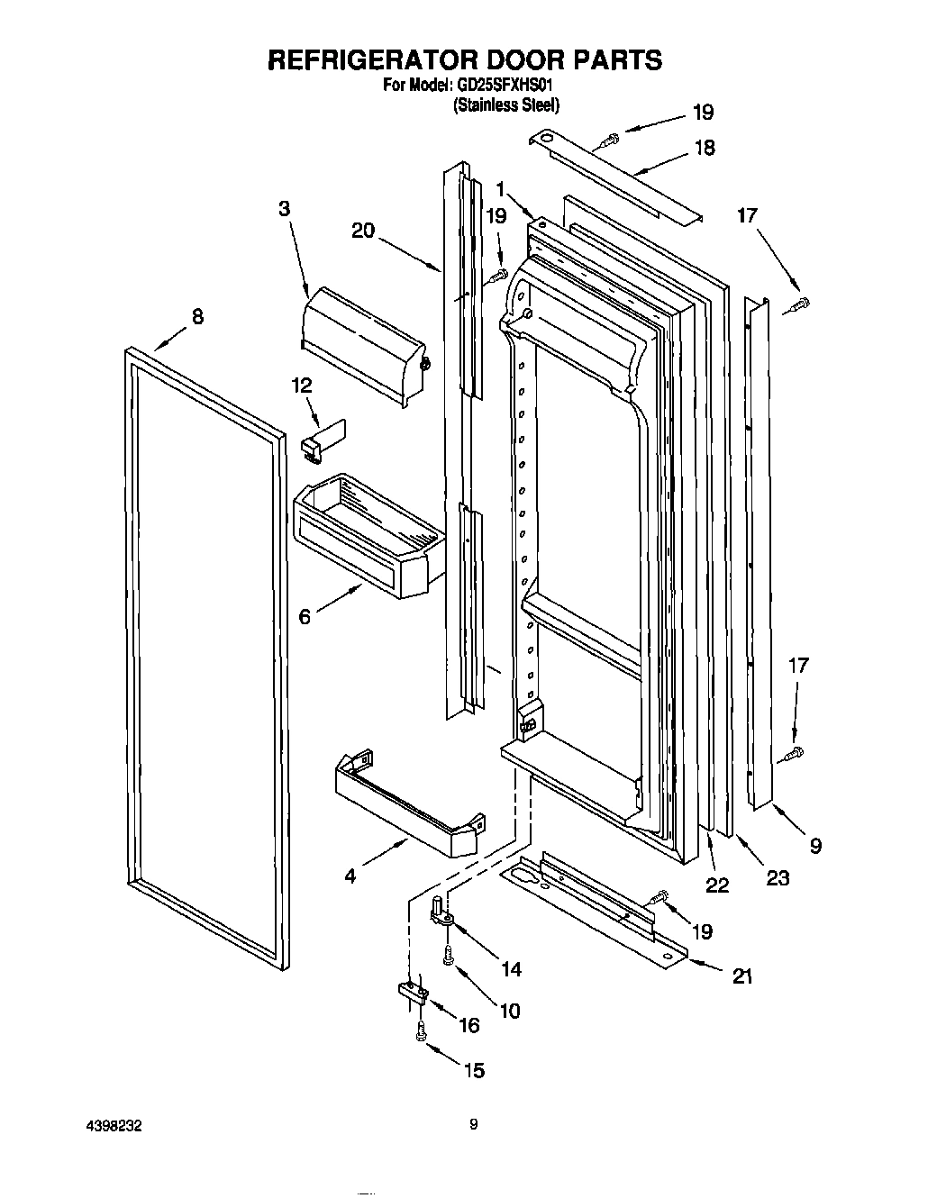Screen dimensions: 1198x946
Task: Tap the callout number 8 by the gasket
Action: click(197, 316)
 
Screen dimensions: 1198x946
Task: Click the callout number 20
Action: click(363, 231)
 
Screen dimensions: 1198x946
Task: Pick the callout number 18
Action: click(704, 148)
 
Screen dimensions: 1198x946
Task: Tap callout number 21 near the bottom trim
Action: click(742, 976)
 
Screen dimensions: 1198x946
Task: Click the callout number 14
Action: click(511, 969)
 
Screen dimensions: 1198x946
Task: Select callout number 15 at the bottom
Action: click(473, 1069)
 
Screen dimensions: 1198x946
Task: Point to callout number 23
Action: click(777, 876)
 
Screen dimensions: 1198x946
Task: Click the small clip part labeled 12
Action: click(320, 439)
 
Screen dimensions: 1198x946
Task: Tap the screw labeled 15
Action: click(420, 1031)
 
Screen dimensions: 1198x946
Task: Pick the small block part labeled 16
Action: click(412, 992)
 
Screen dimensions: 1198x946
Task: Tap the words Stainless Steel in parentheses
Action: click(506, 105)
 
